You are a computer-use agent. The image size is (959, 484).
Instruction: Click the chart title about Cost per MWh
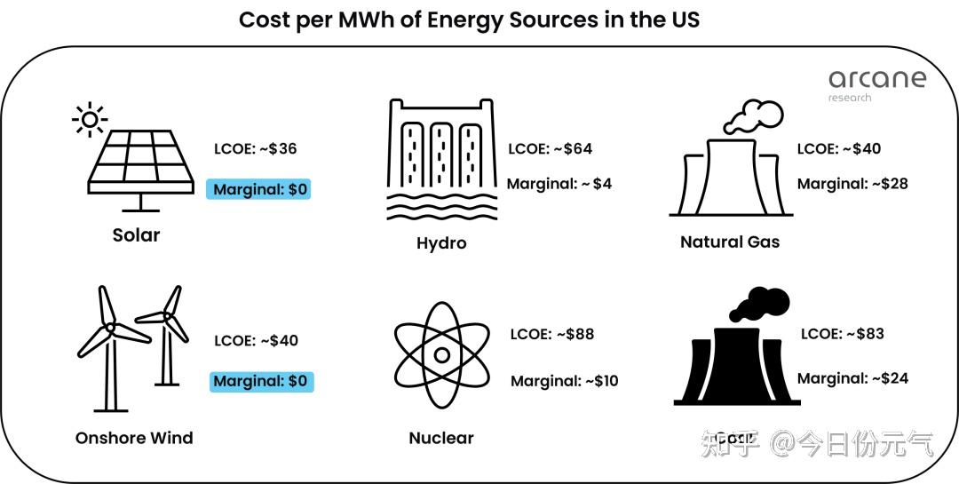469,20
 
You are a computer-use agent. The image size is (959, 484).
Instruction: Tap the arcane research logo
876,83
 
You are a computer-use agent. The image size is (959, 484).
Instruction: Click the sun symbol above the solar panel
89,119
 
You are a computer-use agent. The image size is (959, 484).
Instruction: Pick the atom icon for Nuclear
440,355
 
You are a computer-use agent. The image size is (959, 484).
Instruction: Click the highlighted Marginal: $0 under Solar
259,189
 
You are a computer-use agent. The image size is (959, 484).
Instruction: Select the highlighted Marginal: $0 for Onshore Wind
261,382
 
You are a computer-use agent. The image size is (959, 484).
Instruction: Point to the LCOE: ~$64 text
550,148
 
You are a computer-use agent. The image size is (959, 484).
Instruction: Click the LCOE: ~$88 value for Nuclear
551,334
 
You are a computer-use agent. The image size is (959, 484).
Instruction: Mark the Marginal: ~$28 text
852,184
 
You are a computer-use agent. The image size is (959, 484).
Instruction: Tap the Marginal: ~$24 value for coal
852,378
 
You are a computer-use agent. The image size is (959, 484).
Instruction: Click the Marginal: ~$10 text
564,381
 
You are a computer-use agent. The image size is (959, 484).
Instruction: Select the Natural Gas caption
730,242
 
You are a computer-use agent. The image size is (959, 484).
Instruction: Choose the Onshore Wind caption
134,438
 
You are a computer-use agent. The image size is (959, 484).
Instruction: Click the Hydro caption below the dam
441,243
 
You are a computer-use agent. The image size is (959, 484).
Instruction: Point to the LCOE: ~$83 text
842,334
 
